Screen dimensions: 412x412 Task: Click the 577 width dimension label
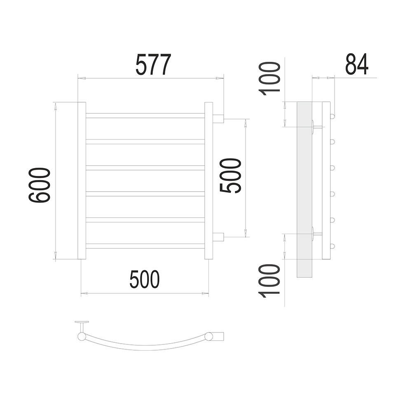153,64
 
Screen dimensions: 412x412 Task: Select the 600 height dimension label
39,185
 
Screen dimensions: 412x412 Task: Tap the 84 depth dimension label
356,64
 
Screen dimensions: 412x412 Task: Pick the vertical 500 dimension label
230,176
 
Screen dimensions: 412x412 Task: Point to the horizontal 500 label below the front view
145,279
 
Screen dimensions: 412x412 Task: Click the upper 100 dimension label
269,79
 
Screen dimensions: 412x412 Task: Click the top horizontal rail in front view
145,116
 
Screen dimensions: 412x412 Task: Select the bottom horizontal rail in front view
145,246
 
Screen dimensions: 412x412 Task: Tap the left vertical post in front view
82,180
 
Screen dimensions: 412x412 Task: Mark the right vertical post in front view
208,180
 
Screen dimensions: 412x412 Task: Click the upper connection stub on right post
218,119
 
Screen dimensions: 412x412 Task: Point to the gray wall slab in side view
304,190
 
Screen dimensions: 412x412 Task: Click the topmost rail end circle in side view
332,116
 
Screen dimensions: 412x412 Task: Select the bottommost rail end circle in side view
332,246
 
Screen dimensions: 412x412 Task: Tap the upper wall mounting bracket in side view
317,127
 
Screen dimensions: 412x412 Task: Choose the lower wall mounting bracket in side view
317,234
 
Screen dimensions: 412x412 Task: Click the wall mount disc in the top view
82,322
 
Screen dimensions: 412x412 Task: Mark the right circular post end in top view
209,336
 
